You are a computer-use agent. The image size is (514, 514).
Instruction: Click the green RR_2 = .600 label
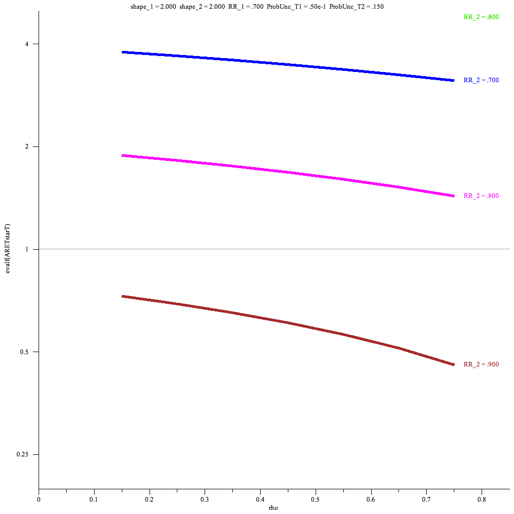pyautogui.click(x=481, y=17)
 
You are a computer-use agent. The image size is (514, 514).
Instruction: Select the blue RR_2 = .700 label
pyautogui.click(x=481, y=80)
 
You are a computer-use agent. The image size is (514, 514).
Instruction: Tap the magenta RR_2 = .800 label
pyautogui.click(x=481, y=196)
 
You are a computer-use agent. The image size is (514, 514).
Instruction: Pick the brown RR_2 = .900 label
pyautogui.click(x=481, y=364)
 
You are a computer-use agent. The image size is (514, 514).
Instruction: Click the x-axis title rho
pyautogui.click(x=273, y=508)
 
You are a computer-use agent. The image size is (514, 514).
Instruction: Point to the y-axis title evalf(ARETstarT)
pyautogui.click(x=8, y=249)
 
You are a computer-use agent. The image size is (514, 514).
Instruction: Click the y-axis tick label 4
pyautogui.click(x=29, y=44)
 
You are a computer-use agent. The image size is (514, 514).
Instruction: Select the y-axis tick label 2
pyautogui.click(x=29, y=146)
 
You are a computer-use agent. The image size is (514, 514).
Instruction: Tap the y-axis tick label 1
pyautogui.click(x=29, y=249)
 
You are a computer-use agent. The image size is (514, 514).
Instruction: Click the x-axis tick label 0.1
pyautogui.click(x=94, y=499)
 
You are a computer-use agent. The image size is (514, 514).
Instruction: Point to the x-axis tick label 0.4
pyautogui.click(x=260, y=499)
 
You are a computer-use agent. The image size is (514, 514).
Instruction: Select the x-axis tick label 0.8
pyautogui.click(x=482, y=499)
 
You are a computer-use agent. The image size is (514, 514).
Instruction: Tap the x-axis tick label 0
pyautogui.click(x=39, y=499)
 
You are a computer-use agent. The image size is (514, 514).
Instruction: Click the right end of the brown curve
pyautogui.click(x=454, y=364)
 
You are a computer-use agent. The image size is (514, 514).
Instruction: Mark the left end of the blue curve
pyautogui.click(x=122, y=52)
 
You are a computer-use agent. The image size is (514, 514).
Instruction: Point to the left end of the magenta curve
pyautogui.click(x=122, y=155)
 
